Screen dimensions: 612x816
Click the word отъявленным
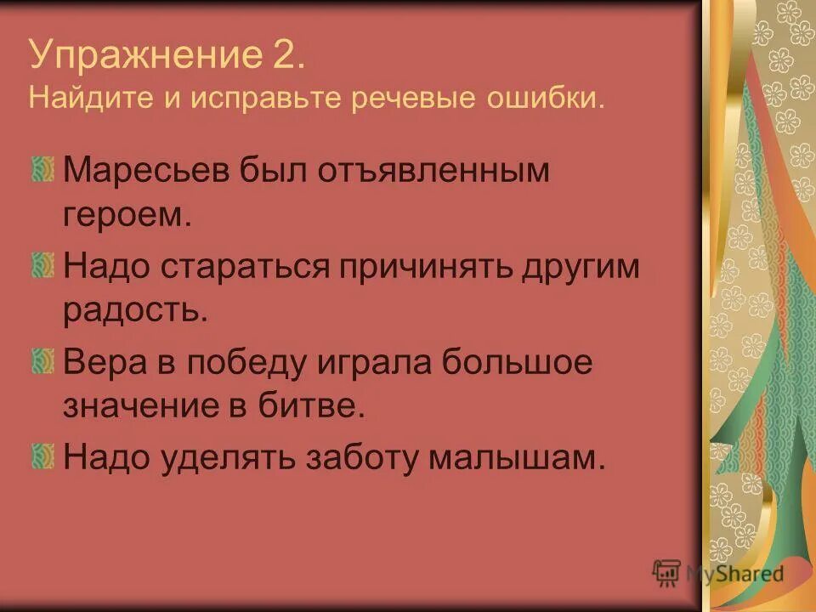(435, 173)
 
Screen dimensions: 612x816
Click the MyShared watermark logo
(719, 572)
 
